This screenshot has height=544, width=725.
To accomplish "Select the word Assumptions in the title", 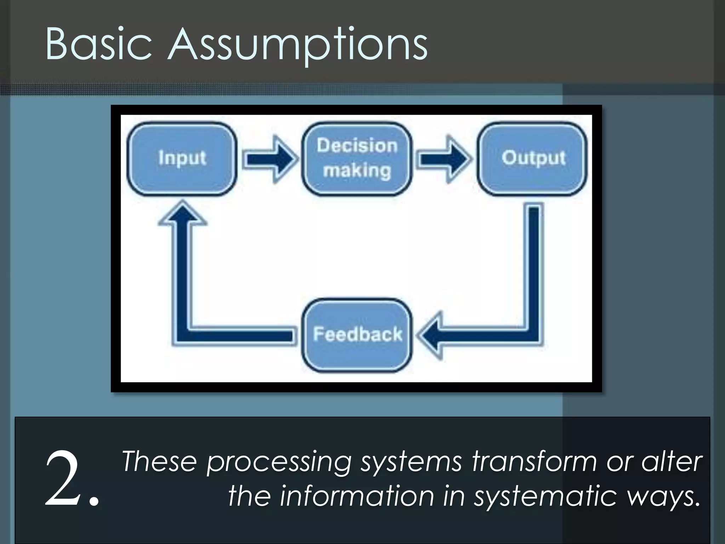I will (297, 45).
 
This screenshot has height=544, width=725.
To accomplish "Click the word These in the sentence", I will (159, 461).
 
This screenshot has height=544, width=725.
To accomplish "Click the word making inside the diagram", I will (357, 171).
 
